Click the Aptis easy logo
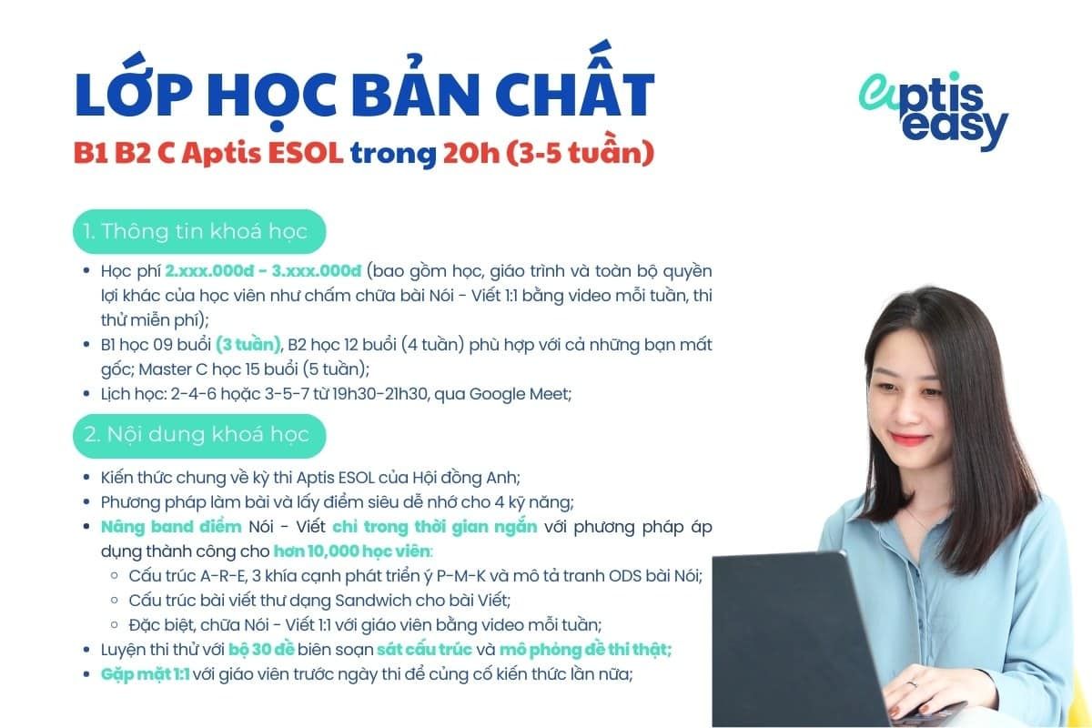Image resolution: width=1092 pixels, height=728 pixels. click(933, 111)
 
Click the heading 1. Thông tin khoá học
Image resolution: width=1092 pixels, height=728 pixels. click(198, 231)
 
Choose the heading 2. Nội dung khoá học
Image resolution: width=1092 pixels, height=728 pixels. click(198, 434)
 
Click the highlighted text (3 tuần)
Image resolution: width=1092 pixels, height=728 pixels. click(248, 345)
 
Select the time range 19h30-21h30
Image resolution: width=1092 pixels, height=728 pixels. click(396, 394)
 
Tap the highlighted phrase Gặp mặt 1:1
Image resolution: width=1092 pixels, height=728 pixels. click(145, 674)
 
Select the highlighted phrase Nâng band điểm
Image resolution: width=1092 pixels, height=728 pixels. click(171, 527)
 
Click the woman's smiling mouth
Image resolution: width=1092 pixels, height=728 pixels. click(911, 440)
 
